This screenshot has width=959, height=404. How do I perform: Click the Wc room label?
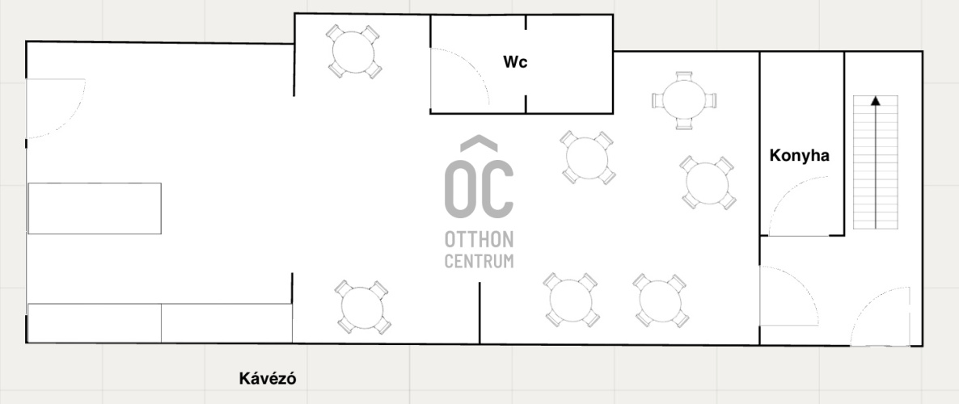pyautogui.click(x=515, y=62)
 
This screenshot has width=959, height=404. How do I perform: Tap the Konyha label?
pyautogui.click(x=799, y=155)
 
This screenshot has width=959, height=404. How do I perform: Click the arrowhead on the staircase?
pyautogui.click(x=875, y=101)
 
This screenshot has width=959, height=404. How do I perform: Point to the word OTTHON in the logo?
pyautogui.click(x=479, y=240)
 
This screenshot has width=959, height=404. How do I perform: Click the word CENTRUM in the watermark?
pyautogui.click(x=479, y=261)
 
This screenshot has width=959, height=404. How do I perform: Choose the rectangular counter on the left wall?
pyautogui.click(x=94, y=208)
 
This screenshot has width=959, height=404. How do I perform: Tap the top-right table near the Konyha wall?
pyautogui.click(x=684, y=101)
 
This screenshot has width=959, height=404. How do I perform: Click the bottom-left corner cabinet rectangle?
pyautogui.click(x=94, y=323)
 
